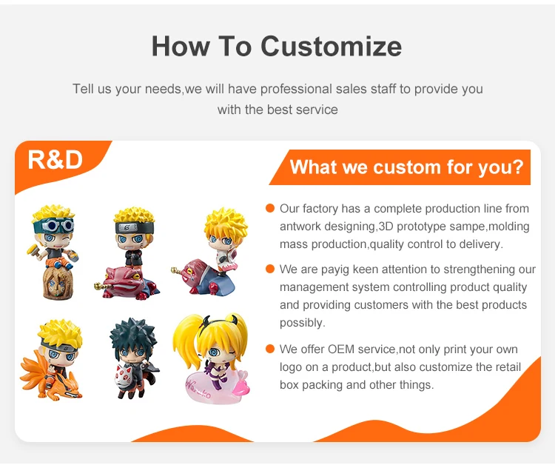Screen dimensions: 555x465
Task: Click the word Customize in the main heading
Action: (x=331, y=47)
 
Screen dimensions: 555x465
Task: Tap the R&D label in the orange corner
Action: (x=55, y=160)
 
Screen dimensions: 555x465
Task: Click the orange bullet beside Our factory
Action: (x=270, y=208)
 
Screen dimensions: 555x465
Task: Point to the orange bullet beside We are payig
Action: (x=270, y=270)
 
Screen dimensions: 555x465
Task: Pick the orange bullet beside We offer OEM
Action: (x=270, y=349)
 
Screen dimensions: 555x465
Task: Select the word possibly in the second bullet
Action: (x=302, y=323)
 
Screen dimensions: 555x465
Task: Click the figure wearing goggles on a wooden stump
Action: (x=54, y=252)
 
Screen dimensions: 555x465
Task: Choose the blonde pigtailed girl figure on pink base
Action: (x=212, y=358)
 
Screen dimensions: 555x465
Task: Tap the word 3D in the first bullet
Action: (x=386, y=227)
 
